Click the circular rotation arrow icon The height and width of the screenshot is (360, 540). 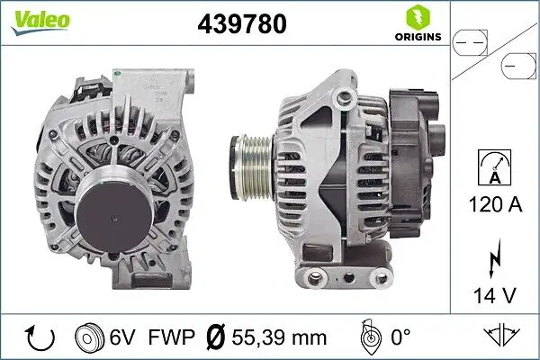(x=41, y=337)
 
